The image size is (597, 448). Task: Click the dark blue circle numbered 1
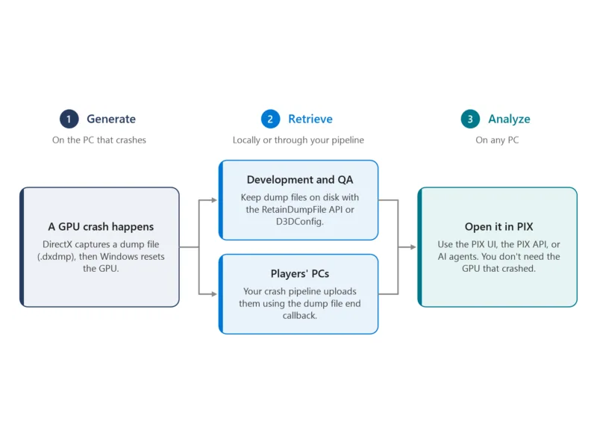[x=69, y=119]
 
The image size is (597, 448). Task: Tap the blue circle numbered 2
[x=270, y=119]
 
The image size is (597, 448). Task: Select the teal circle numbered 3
[x=470, y=119]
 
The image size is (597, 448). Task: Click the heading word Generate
[x=111, y=119]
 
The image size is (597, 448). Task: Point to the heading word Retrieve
[x=310, y=119]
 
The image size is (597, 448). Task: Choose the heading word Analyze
[x=509, y=119]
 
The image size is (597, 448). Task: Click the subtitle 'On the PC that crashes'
[x=99, y=140]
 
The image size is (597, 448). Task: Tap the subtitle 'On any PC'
[x=497, y=140]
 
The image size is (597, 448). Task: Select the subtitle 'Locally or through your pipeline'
[x=298, y=140]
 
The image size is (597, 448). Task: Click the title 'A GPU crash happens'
[x=101, y=227]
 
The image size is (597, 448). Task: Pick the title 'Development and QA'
[x=300, y=179]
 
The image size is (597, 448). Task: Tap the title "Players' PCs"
[x=300, y=273]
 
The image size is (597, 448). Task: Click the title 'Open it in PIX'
[x=498, y=227]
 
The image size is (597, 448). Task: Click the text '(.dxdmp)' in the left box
[x=56, y=257]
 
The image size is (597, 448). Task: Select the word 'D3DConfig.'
[x=300, y=222]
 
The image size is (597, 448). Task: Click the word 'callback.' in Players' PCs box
[x=300, y=315]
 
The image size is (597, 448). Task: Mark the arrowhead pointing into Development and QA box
[x=214, y=200]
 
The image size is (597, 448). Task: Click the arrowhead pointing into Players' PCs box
[x=214, y=294]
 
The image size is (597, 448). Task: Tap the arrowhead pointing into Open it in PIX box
[x=413, y=247]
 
